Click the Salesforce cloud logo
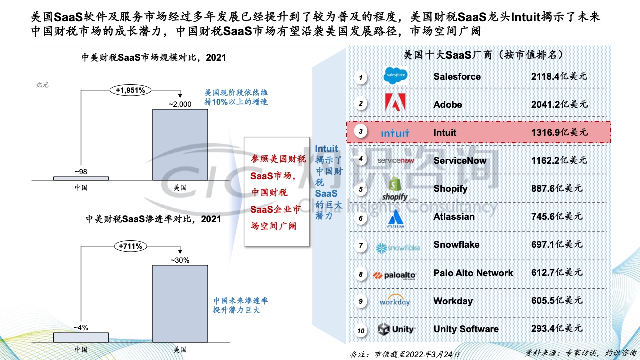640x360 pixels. [x=395, y=75]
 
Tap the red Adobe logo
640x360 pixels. [x=395, y=102]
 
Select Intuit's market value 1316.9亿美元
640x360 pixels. [x=559, y=132]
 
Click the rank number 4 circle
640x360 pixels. [x=361, y=159]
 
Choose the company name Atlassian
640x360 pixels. [x=454, y=217]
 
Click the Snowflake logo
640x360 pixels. [x=398, y=248]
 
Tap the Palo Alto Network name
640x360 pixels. [x=473, y=273]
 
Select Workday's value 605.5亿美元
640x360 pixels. [x=557, y=300]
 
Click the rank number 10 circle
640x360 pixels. [x=361, y=331]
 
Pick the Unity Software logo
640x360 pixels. [x=396, y=329]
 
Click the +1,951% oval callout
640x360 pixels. [x=130, y=90]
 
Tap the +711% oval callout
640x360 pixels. [x=130, y=246]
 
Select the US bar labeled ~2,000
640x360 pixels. [x=180, y=145]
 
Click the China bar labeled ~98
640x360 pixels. [x=81, y=179]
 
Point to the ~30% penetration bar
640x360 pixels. [x=180, y=304]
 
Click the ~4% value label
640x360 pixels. [x=81, y=328]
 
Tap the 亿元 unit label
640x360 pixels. [x=42, y=85]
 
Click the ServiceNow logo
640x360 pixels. [x=396, y=161]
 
